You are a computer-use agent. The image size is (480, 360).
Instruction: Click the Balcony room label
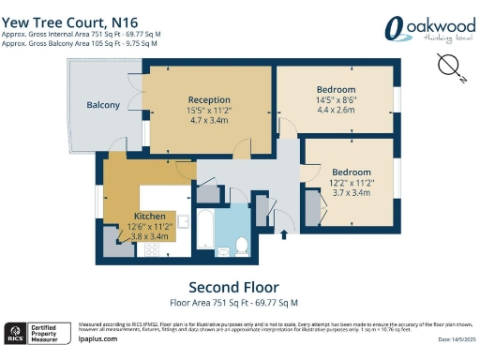[x=103, y=105]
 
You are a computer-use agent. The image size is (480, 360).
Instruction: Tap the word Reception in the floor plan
[x=209, y=99]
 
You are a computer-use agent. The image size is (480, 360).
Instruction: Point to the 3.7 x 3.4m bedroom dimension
[x=351, y=193]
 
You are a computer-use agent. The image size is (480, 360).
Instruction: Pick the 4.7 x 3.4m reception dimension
[x=209, y=120]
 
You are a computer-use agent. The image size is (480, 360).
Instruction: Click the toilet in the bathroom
[x=241, y=245]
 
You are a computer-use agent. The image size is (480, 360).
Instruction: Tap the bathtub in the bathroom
[x=204, y=229]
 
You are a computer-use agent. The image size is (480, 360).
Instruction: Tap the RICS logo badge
[x=15, y=333]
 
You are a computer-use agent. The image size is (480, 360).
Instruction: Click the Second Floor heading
[x=233, y=287]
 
